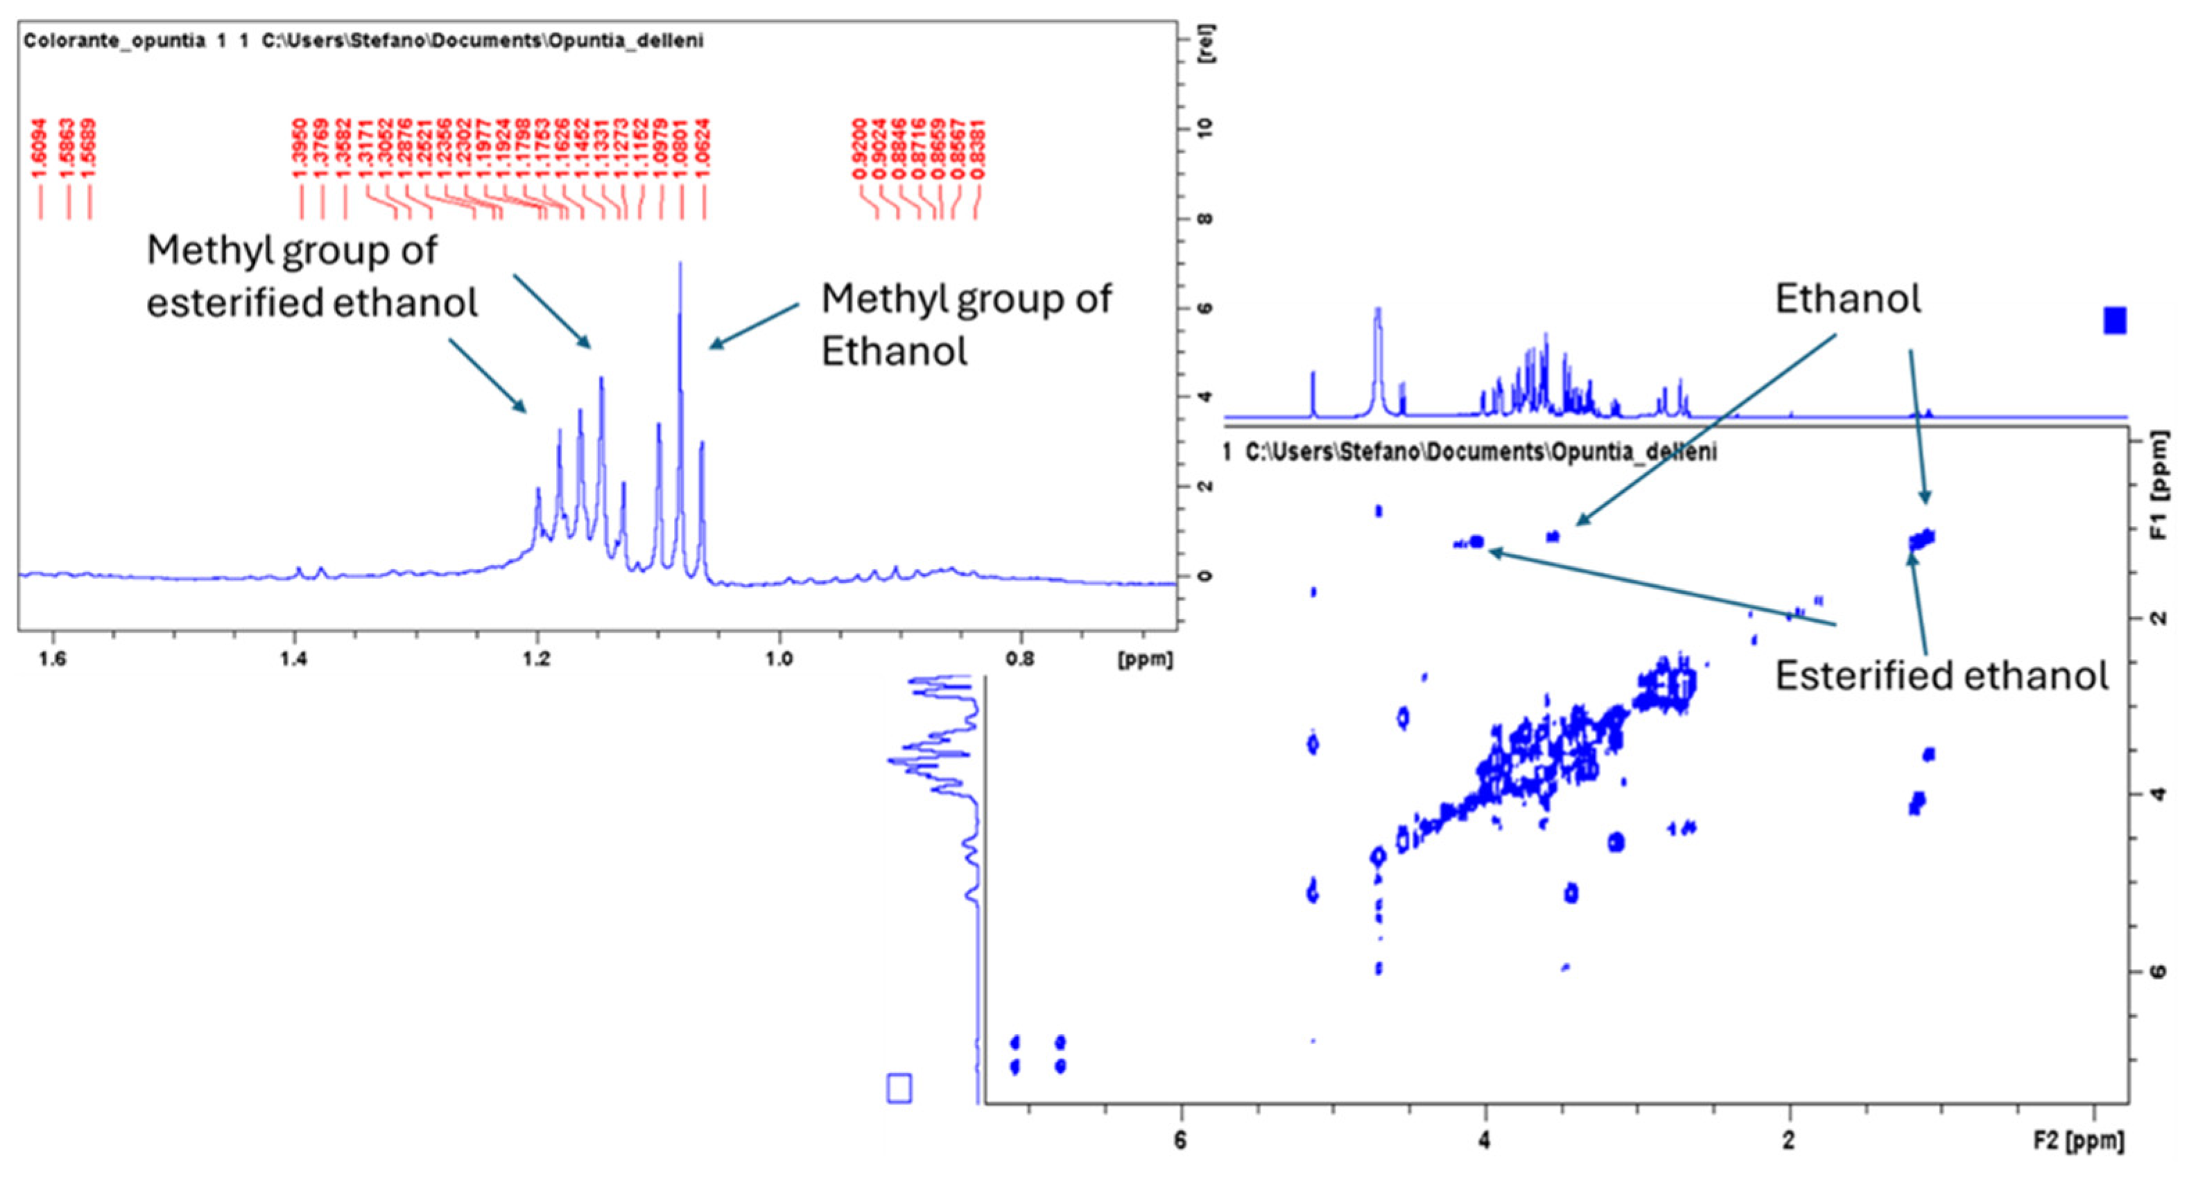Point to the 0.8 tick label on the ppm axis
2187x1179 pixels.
tap(1021, 658)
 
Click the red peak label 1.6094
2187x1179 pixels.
tap(39, 148)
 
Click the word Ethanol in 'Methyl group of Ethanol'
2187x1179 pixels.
tap(893, 351)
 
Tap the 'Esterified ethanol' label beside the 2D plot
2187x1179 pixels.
tap(1941, 676)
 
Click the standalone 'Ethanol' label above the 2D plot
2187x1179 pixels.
tap(1847, 299)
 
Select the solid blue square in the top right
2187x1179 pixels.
tap(2114, 321)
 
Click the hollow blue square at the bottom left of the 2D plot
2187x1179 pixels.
tap(899, 1088)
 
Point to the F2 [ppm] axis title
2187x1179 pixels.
tap(2078, 1140)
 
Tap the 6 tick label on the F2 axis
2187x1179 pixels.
tap(1180, 1140)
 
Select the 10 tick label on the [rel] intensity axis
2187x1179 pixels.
tap(1206, 128)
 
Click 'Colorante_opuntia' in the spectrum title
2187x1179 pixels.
tap(114, 41)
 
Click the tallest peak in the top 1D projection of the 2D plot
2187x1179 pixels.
tap(1377, 311)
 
